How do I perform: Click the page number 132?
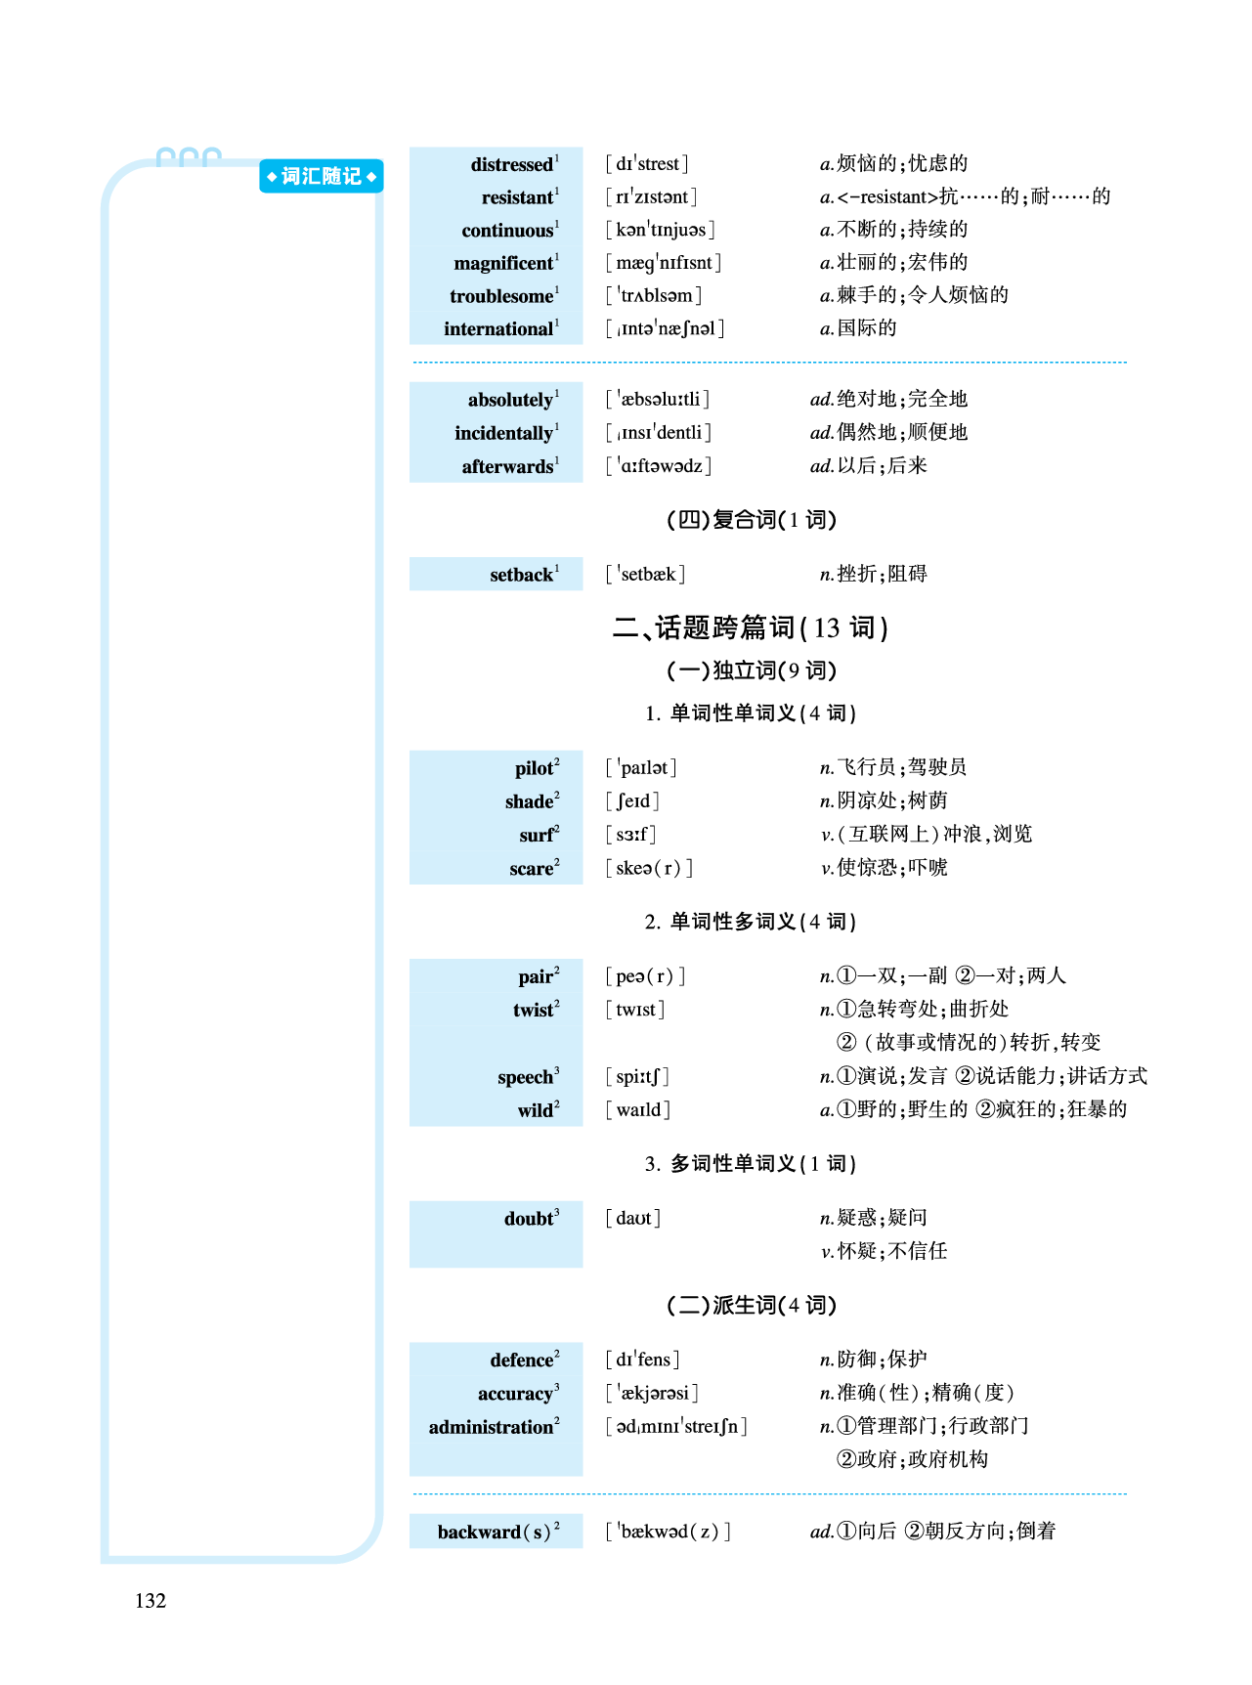pyautogui.click(x=151, y=1600)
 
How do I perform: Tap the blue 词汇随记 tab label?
pyautogui.click(x=321, y=177)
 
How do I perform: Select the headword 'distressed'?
pyautogui.click(x=512, y=164)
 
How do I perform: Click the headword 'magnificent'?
pyautogui.click(x=503, y=263)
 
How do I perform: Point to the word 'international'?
pyautogui.click(x=498, y=329)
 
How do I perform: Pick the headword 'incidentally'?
pyautogui.click(x=503, y=433)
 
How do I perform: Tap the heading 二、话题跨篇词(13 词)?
pyautogui.click(x=750, y=627)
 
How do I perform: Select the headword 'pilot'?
pyautogui.click(x=535, y=768)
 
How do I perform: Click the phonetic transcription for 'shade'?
pyautogui.click(x=632, y=801)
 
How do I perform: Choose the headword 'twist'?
pyautogui.click(x=534, y=1010)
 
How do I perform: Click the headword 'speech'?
pyautogui.click(x=526, y=1077)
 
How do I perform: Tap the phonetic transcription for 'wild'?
pyautogui.click(x=638, y=1109)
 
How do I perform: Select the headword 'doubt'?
pyautogui.click(x=530, y=1219)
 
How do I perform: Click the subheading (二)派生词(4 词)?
pyautogui.click(x=751, y=1305)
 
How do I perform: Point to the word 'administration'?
pyautogui.click(x=492, y=1427)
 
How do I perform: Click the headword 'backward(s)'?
pyautogui.click(x=495, y=1532)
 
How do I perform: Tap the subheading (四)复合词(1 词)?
pyautogui.click(x=751, y=519)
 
